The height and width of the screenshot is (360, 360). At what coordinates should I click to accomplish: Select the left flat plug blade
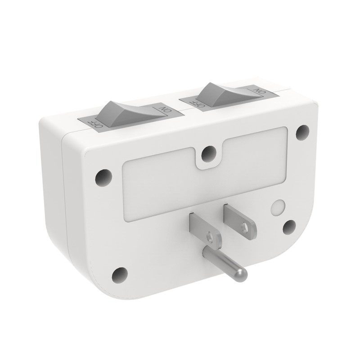pyautogui.click(x=204, y=228)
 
